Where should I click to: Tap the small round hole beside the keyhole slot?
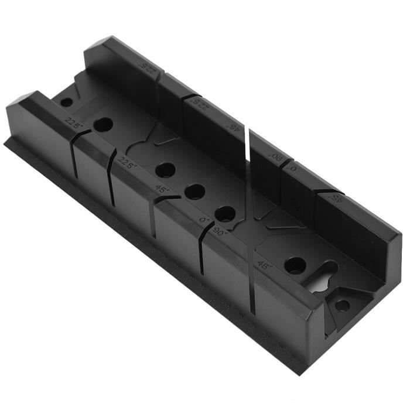tap(342, 305)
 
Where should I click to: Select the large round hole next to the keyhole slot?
tap(295, 265)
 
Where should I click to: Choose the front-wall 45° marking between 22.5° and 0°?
tap(160, 189)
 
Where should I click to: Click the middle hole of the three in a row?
tap(194, 192)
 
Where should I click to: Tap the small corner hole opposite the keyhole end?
tap(67, 102)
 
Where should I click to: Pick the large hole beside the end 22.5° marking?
tap(103, 124)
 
